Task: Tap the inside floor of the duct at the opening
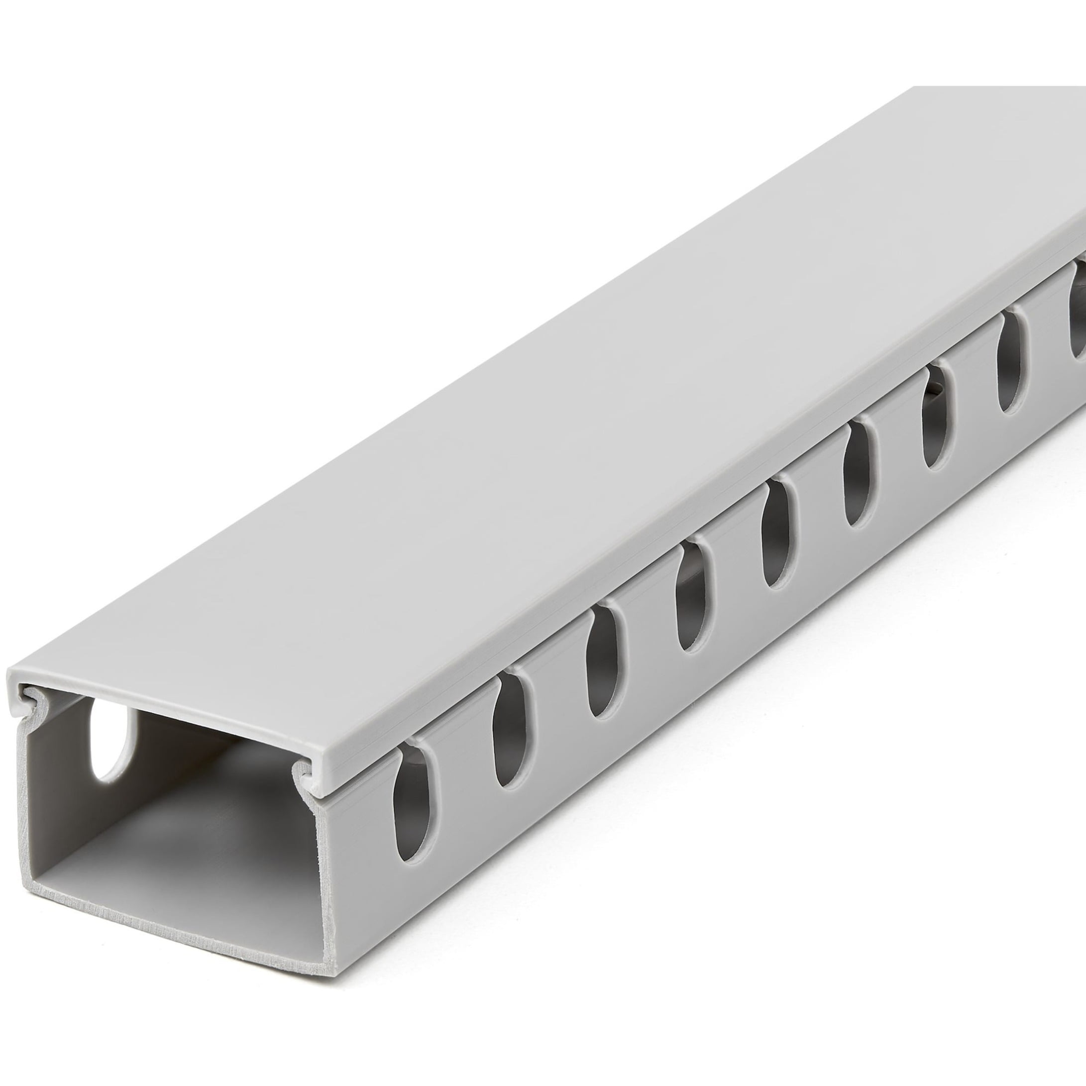point(186,877)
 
